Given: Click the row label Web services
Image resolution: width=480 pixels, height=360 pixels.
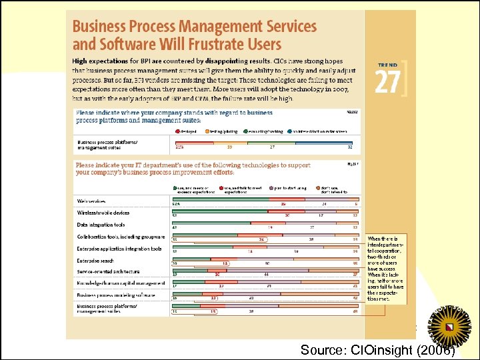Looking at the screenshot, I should (91, 201).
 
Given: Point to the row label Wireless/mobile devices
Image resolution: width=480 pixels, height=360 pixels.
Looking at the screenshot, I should (103, 213).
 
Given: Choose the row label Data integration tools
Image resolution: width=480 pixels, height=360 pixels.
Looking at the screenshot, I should (101, 225).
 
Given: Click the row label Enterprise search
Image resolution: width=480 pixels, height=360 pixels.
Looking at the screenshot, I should (96, 261).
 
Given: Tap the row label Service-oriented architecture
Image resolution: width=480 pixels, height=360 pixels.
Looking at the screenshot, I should (108, 271).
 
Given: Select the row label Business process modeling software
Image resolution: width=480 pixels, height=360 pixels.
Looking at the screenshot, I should (116, 294).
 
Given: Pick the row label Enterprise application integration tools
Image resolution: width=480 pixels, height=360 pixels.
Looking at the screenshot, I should (119, 249).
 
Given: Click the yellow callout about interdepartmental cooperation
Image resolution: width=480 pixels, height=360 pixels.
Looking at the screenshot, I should (387, 269).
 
